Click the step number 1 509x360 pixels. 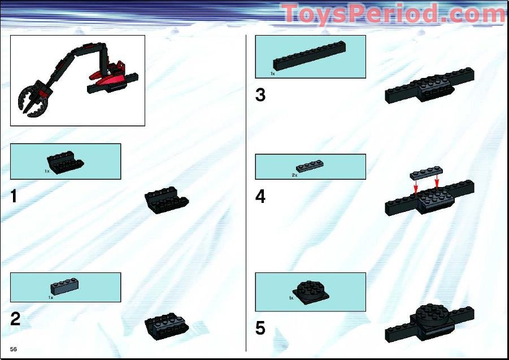[14, 197]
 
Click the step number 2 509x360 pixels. [15, 319]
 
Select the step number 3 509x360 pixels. [260, 95]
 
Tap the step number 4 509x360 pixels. [260, 197]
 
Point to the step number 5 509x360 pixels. [260, 328]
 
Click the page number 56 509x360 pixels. [14, 349]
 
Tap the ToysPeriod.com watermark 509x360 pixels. [394, 14]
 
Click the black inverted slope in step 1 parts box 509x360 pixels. [66, 163]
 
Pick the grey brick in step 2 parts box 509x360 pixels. [64, 287]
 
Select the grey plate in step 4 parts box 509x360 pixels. [310, 167]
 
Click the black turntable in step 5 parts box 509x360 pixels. [310, 292]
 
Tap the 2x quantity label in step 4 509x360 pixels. [294, 175]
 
